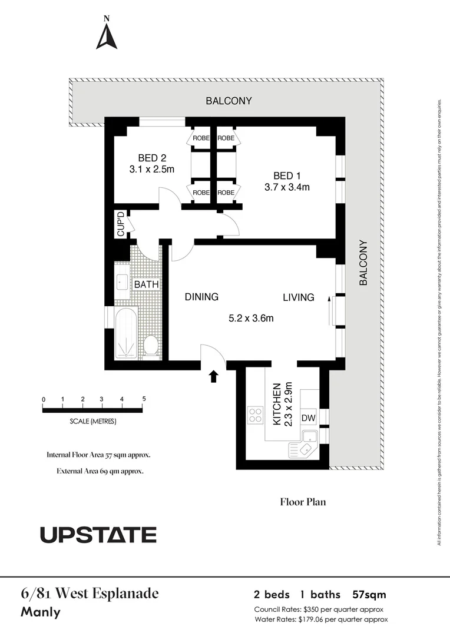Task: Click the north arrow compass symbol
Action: (107, 37)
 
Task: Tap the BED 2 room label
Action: (152, 158)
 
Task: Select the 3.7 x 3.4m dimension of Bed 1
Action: (287, 187)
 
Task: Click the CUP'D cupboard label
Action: (121, 224)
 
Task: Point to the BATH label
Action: (146, 284)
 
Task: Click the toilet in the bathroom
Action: (151, 345)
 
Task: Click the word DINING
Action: (201, 297)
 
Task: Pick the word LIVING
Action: (298, 297)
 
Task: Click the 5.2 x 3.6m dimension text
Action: (252, 319)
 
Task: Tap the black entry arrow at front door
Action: (213, 376)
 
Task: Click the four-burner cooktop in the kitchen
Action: (256, 415)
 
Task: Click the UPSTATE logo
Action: (98, 535)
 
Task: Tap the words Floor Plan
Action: (303, 502)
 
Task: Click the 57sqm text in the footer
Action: (369, 594)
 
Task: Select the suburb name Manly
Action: (41, 612)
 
